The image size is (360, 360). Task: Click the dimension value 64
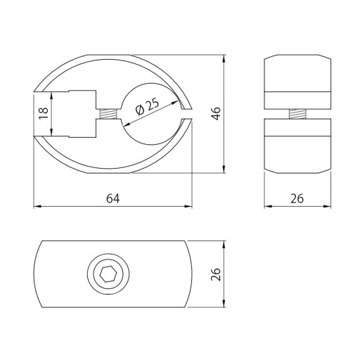[x=113, y=198]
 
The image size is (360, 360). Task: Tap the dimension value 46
[x=217, y=113]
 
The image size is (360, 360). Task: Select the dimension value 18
[x=44, y=113]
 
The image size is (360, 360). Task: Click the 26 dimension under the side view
[x=297, y=198]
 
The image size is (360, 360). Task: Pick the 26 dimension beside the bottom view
[x=216, y=274]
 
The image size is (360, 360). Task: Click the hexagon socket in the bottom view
[x=108, y=274]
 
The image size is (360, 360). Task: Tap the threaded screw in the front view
[x=108, y=114]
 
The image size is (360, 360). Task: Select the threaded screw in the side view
[x=297, y=114]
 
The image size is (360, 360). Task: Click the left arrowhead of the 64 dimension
[x=37, y=207]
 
